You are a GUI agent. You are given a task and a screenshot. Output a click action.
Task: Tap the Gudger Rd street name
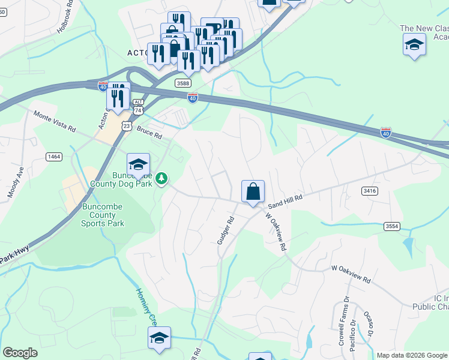(x=226, y=230)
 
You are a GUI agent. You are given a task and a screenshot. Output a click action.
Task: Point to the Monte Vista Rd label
(x=55, y=121)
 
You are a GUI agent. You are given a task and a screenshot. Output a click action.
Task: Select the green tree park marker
(x=161, y=178)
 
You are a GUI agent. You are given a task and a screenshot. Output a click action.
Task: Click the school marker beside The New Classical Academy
(x=414, y=45)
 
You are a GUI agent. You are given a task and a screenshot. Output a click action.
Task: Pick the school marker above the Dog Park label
(x=138, y=165)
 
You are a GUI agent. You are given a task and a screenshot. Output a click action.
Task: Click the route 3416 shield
(x=370, y=191)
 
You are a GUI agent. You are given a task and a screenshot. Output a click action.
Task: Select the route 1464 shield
(x=54, y=157)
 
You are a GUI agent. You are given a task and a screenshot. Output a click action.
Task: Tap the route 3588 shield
(x=183, y=83)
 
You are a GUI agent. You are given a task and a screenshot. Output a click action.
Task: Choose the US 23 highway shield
(x=126, y=125)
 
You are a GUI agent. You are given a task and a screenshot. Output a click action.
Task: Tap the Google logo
(x=20, y=353)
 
